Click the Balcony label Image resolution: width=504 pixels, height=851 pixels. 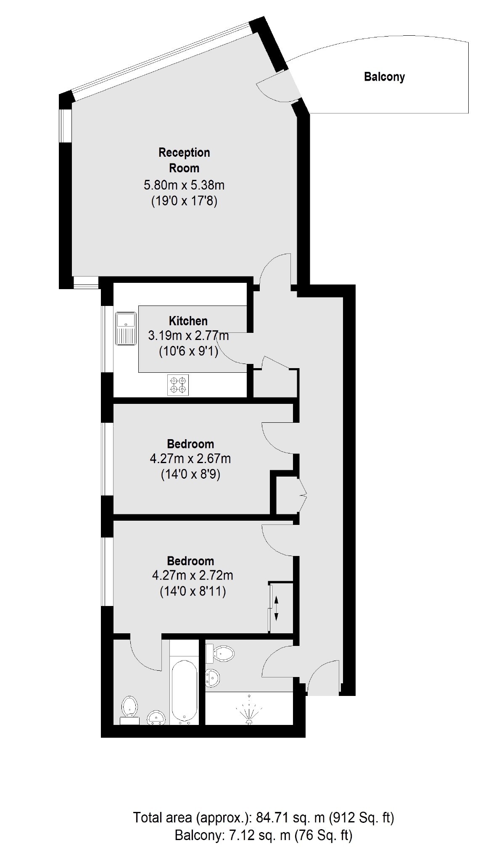click(384, 77)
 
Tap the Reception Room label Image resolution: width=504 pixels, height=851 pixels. click(184, 160)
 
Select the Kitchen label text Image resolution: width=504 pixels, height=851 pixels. click(188, 321)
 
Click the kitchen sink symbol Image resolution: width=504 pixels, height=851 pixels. click(125, 328)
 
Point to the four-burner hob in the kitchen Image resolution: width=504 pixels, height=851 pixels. click(178, 385)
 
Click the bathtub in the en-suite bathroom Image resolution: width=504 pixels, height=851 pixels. click(184, 692)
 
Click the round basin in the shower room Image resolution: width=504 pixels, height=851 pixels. click(212, 678)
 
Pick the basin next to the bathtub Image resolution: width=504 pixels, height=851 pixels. click(157, 717)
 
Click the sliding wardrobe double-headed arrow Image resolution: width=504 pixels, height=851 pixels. click(276, 608)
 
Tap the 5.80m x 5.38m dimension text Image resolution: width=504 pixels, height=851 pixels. click(184, 185)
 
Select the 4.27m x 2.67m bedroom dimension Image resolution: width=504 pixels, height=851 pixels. click(190, 458)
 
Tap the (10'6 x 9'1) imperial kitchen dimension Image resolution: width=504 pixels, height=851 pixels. click(189, 351)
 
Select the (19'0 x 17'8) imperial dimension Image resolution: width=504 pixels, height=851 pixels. click(184, 202)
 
